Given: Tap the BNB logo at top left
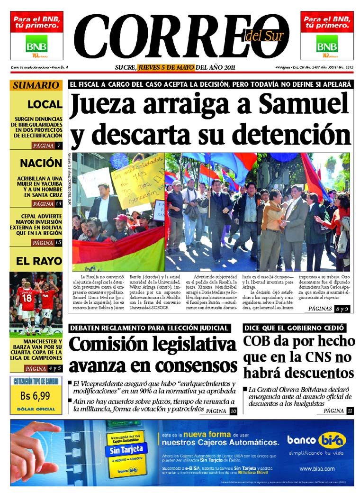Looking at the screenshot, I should pyautogui.click(x=36, y=44).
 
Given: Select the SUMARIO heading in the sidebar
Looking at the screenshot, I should pyautogui.click(x=36, y=86).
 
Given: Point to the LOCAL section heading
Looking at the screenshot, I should pyautogui.click(x=45, y=104).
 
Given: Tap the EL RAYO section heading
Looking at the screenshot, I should pyautogui.click(x=39, y=261).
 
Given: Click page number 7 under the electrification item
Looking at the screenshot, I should pyautogui.click(x=59, y=146).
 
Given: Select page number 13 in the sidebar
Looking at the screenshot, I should pyautogui.click(x=59, y=204).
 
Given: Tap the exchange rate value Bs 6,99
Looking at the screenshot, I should pyautogui.click(x=35, y=396).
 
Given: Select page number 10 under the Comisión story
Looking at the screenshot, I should pyautogui.click(x=233, y=411).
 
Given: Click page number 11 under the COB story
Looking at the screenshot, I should pyautogui.click(x=350, y=411).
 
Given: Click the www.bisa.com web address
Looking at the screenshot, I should pyautogui.click(x=317, y=469).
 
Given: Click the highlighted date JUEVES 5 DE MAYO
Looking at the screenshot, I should pyautogui.click(x=166, y=67).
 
